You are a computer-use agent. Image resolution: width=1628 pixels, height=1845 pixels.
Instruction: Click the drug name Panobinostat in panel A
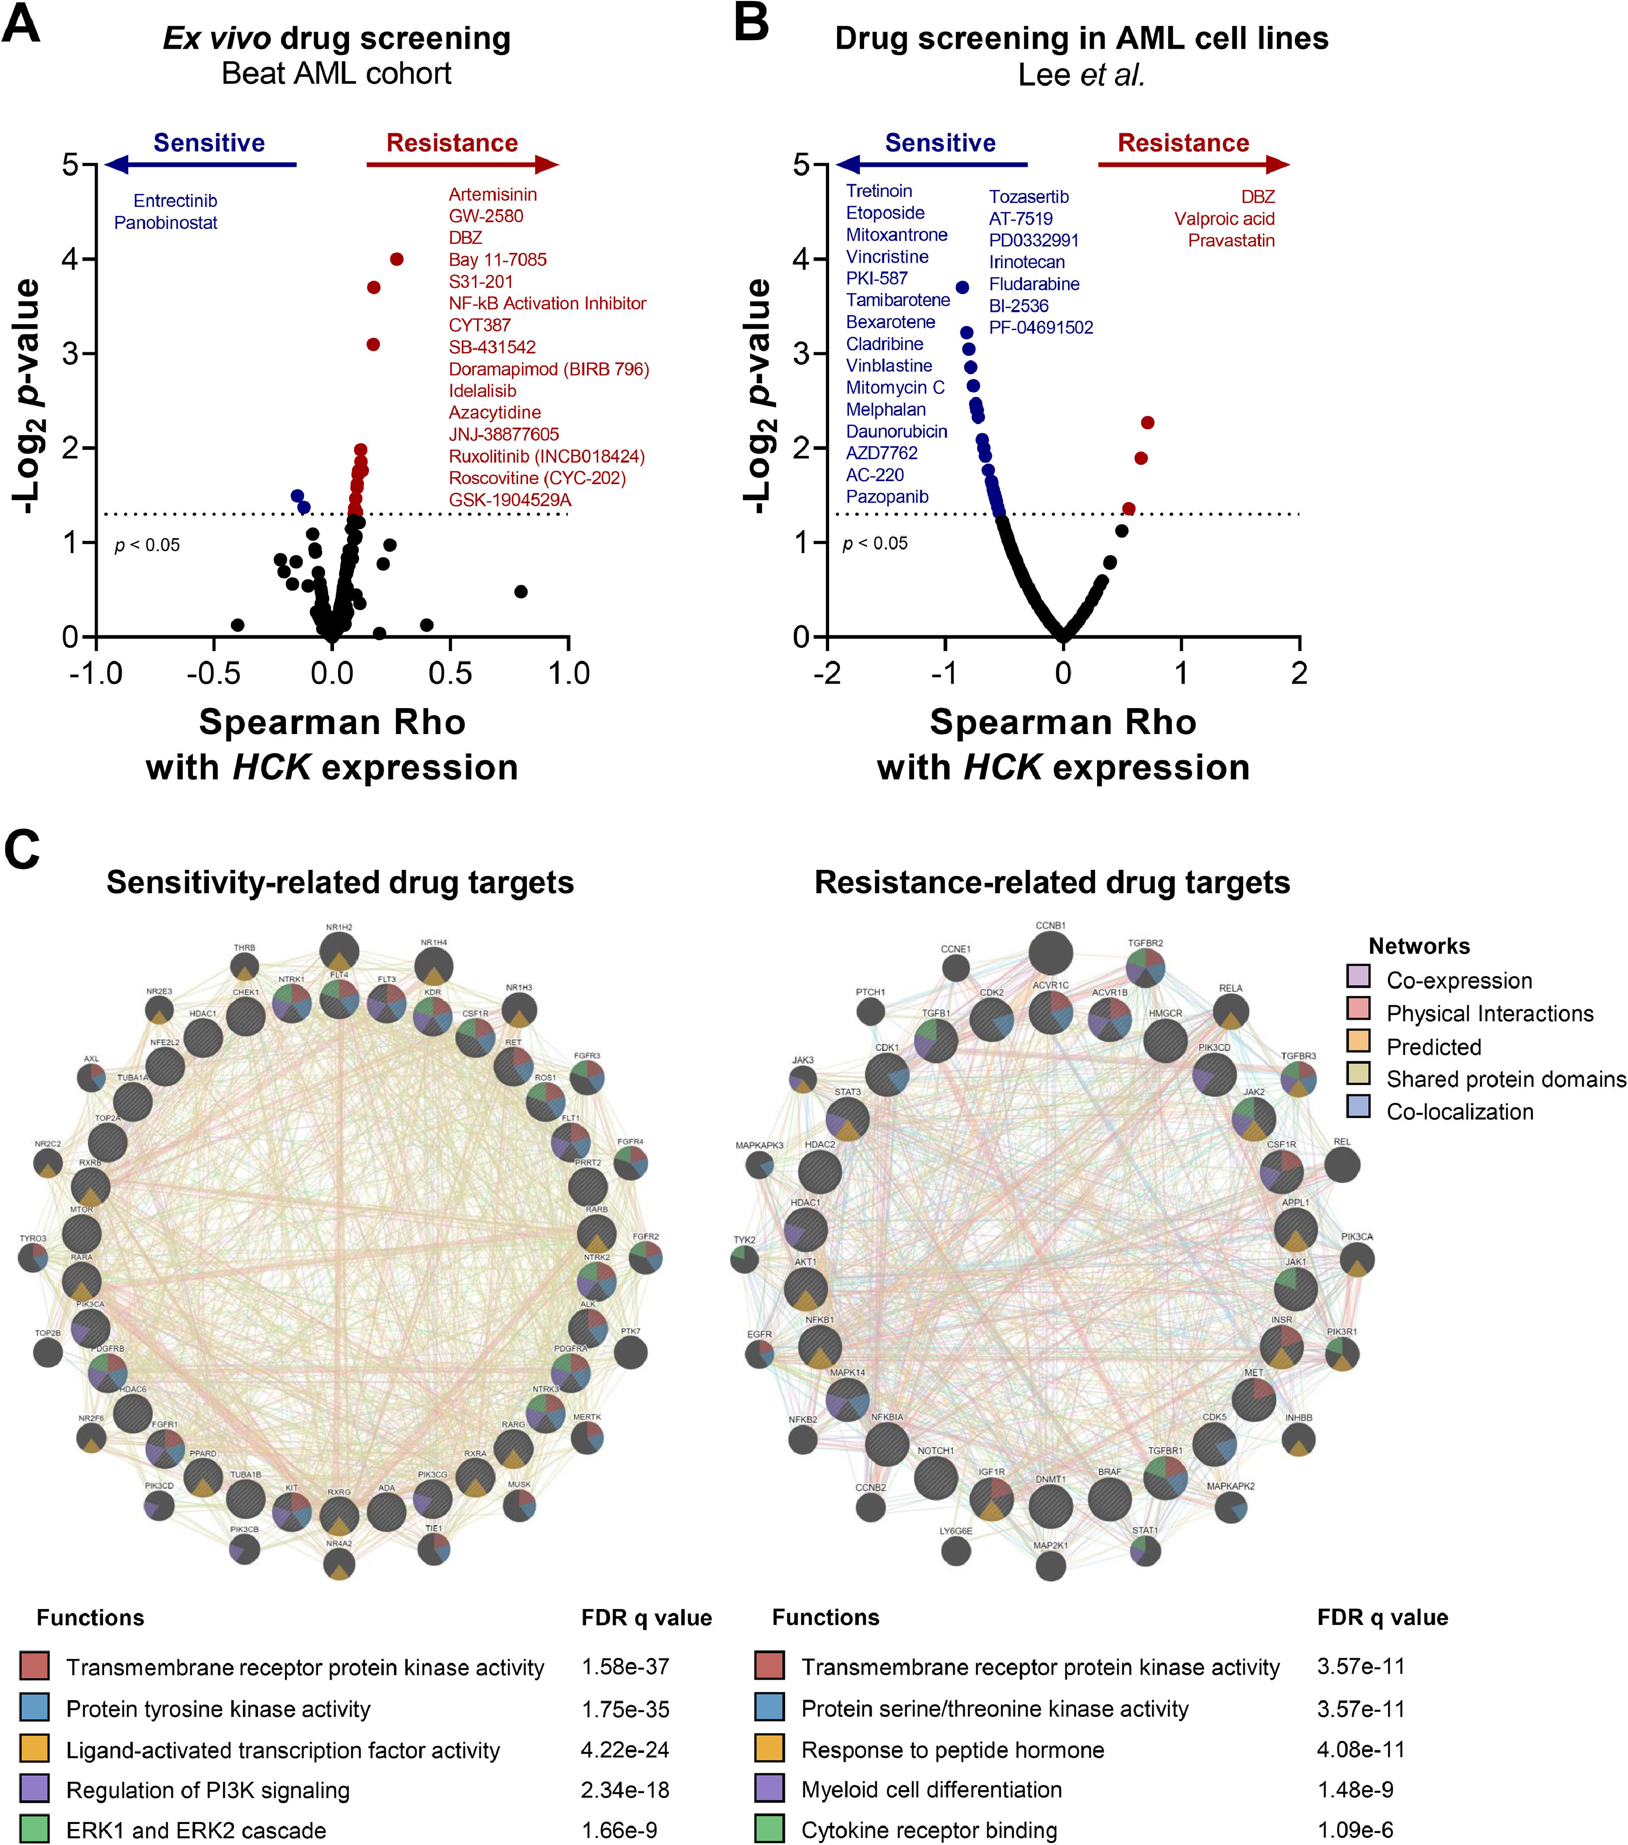point(165,223)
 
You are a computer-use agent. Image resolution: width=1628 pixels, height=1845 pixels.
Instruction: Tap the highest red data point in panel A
point(396,259)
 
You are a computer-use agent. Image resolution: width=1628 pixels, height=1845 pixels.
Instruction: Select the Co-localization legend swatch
point(1358,1106)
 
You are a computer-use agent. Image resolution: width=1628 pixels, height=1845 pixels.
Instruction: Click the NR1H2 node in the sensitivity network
point(339,952)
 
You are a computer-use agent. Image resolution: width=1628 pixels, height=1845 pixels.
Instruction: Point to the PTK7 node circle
point(631,1353)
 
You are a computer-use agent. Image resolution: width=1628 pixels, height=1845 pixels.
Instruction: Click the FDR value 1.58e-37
point(625,1666)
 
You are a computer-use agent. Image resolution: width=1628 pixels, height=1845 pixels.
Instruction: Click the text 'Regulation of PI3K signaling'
point(207,1790)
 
